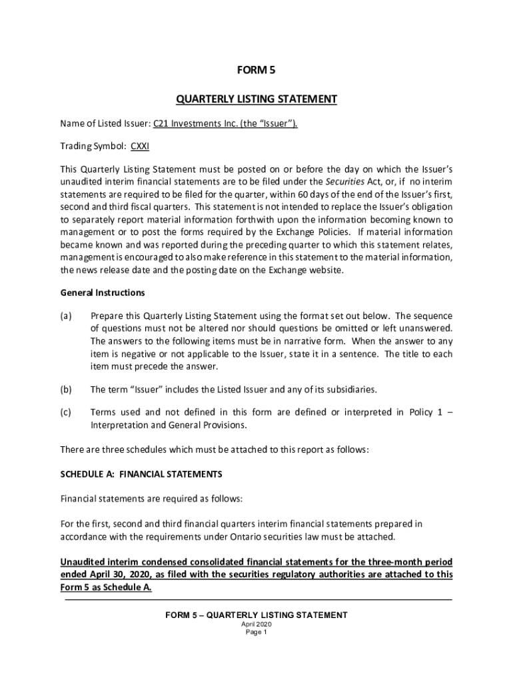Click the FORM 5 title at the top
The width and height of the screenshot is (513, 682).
click(x=256, y=69)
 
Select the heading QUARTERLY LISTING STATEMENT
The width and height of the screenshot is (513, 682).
click(x=256, y=99)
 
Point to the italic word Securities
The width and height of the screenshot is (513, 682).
click(x=344, y=180)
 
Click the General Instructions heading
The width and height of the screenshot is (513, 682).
click(x=103, y=292)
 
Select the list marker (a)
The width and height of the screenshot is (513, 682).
click(x=66, y=316)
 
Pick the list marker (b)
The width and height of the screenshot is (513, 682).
click(x=66, y=389)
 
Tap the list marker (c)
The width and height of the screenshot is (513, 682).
click(x=66, y=412)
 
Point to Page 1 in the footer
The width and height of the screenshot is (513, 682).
click(x=256, y=633)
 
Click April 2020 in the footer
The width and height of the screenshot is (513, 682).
click(x=256, y=625)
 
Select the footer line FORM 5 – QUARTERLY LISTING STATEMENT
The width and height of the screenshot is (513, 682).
click(x=256, y=615)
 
